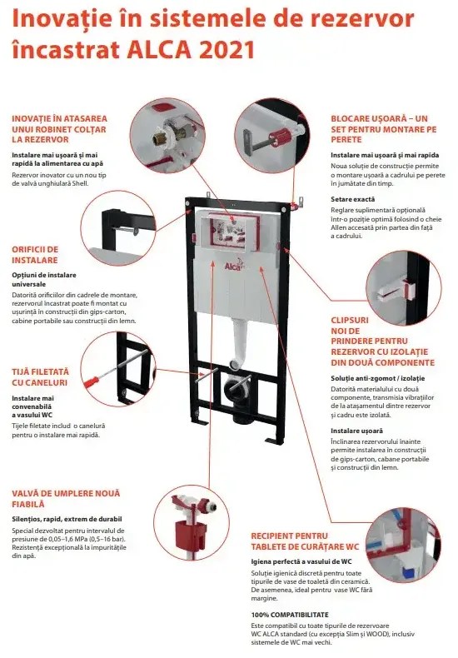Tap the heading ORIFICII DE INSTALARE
coord(35,254)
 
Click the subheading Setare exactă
coord(352,199)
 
